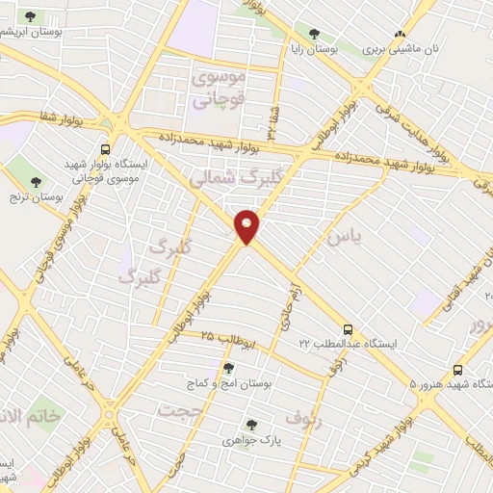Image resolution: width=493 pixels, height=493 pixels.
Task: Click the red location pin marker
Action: click(x=247, y=225)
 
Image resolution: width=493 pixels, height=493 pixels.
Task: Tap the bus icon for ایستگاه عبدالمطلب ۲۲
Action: click(x=349, y=328)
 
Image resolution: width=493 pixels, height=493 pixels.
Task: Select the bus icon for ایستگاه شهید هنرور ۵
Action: click(x=457, y=370)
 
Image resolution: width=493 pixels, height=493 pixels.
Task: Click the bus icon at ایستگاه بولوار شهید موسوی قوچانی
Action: click(x=105, y=150)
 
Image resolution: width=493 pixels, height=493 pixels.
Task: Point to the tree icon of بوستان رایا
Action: click(x=315, y=35)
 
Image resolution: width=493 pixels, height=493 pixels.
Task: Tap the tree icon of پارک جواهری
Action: click(x=251, y=425)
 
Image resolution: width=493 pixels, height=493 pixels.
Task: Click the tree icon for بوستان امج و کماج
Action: click(x=228, y=368)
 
